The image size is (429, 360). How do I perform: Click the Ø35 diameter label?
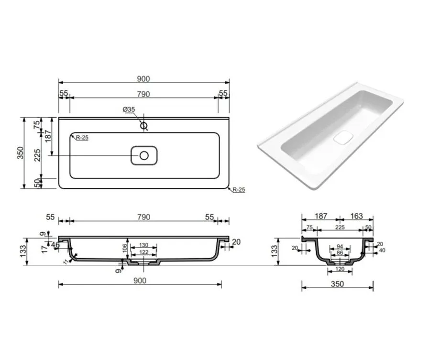[x=129, y=109]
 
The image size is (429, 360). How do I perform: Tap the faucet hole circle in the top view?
[x=144, y=126]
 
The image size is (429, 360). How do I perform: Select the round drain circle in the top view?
[x=144, y=156]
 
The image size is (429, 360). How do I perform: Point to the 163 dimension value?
[x=356, y=216]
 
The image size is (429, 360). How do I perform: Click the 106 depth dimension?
[x=125, y=248]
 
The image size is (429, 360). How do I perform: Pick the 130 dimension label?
[x=143, y=245]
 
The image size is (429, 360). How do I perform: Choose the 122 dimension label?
[x=143, y=252]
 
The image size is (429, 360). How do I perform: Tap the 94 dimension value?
[x=340, y=247]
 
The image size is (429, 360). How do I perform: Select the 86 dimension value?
[x=340, y=253]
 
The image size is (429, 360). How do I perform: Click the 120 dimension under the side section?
[x=340, y=269]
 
